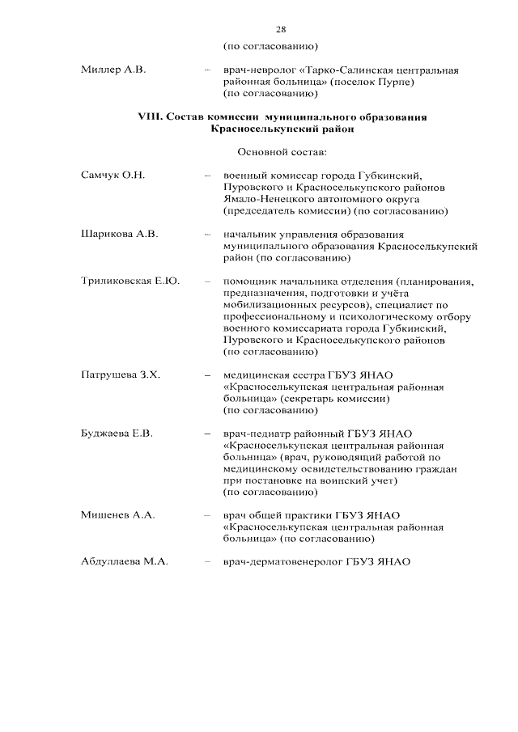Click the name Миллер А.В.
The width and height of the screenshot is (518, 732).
tap(113, 70)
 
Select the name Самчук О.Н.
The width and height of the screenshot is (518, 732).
tap(112, 175)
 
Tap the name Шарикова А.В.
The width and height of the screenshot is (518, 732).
tap(119, 234)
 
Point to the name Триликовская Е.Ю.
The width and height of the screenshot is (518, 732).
tap(129, 281)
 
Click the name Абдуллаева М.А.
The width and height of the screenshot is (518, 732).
tap(125, 562)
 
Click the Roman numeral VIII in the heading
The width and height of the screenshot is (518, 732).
tap(150, 116)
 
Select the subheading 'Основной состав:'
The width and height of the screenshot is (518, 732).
tap(280, 151)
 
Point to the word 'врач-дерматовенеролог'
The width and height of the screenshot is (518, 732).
tap(282, 562)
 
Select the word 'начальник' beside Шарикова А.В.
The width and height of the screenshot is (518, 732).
tap(252, 234)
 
